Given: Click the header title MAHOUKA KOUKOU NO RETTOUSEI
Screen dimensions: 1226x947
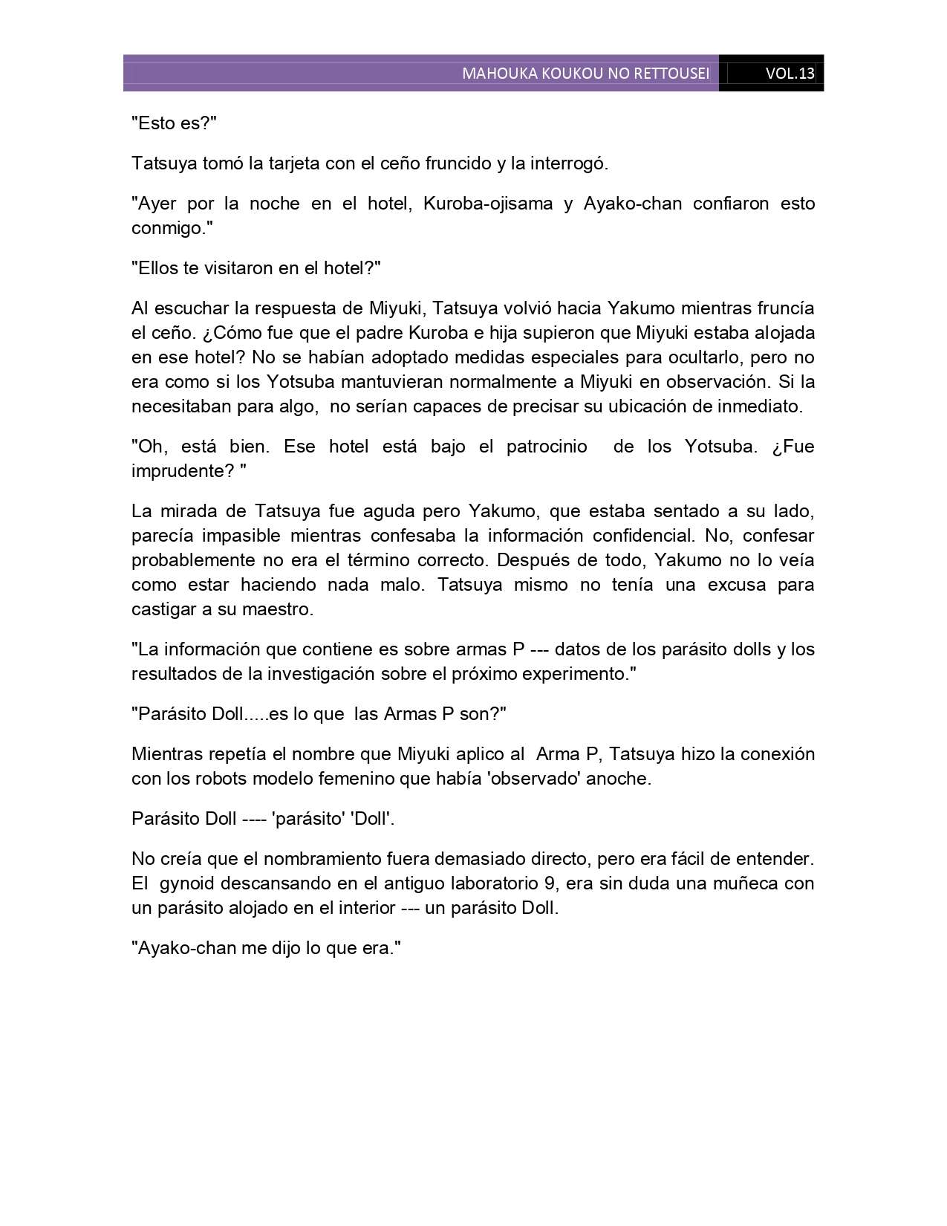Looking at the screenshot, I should (585, 74).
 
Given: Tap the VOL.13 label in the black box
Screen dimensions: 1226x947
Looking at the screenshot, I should (790, 74).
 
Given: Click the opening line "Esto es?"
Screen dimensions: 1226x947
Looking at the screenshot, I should (174, 123).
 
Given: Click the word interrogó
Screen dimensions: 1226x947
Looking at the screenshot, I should (568, 163).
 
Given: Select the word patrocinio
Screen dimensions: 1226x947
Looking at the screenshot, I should (547, 447).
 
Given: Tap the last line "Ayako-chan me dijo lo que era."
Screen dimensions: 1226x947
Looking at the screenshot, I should (266, 948).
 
